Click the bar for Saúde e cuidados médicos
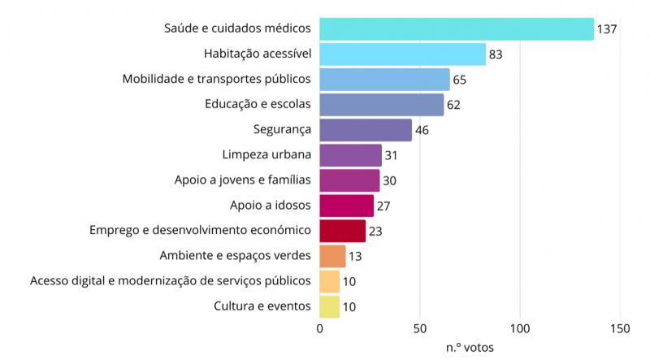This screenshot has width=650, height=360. click(x=457, y=28)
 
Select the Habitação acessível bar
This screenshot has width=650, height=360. click(x=402, y=54)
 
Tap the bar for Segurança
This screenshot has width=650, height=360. click(x=366, y=130)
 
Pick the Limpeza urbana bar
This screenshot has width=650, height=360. click(x=350, y=155)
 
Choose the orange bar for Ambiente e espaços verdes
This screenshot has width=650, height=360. click(x=332, y=256)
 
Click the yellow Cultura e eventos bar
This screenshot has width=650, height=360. click(x=329, y=306)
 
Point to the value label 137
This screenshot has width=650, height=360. click(x=608, y=29)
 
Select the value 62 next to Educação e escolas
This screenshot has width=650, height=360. click(x=455, y=105)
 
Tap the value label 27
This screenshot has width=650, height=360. click(x=384, y=206)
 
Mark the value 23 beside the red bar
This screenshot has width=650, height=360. click(x=376, y=231)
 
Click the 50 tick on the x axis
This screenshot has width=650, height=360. click(x=420, y=328)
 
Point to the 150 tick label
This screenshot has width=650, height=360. click(x=620, y=328)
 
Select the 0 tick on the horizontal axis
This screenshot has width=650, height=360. click(x=319, y=328)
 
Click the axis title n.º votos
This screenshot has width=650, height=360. click(x=470, y=347)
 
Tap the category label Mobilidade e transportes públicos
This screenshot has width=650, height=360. click(x=217, y=79)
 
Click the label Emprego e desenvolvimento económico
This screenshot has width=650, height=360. click(x=200, y=231)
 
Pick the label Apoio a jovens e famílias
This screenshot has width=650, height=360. click(x=243, y=180)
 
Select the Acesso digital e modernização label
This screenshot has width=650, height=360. click(x=171, y=281)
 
